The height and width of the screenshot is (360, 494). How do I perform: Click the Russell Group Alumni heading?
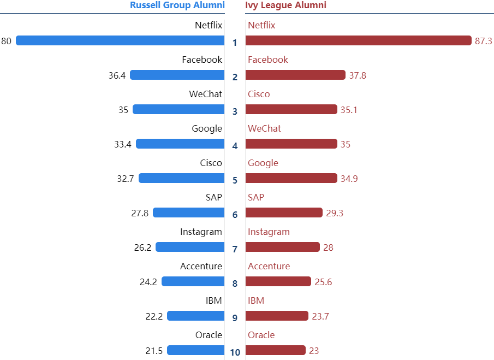pos(177,5)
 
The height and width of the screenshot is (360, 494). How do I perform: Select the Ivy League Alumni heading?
pos(285,5)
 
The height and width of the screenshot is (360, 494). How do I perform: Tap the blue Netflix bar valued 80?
pos(120,40)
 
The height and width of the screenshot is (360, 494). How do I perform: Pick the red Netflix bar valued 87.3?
pos(358,40)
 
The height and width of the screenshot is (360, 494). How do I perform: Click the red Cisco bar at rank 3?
pos(291,109)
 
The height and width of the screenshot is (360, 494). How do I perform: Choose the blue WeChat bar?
pos(178,109)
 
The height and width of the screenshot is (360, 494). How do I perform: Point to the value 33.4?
pos(122,144)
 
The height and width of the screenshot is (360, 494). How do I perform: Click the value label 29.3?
pos(335,213)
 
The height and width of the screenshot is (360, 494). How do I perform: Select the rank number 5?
pos(235,180)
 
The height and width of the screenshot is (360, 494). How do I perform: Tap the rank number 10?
pos(235,352)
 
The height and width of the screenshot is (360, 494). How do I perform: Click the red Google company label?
pos(263,163)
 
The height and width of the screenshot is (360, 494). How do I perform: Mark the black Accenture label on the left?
pos(201,266)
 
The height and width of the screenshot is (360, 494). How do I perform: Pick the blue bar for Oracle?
pos(195,350)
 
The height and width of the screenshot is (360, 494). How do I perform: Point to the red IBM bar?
pos(277,316)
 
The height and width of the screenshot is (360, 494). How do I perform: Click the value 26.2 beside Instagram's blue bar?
pos(142,247)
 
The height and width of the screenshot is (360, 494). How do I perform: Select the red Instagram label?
pos(269,232)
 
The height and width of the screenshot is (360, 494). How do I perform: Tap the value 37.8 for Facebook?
pos(358,75)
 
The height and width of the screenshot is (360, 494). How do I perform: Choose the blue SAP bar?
pos(188,213)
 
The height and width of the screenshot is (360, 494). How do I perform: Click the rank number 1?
pos(235,43)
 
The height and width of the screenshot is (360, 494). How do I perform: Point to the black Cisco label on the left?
pos(211,163)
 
